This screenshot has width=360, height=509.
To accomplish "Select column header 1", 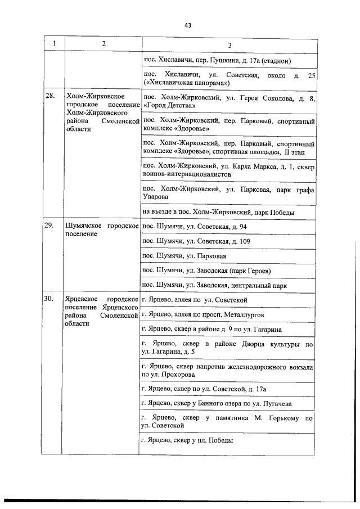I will [55, 44].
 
